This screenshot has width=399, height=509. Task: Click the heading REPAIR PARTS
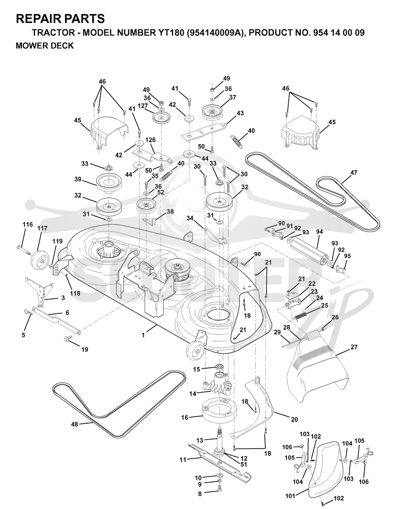click(x=60, y=18)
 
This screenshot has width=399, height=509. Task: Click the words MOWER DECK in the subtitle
click(x=45, y=46)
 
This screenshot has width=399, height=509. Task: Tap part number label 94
click(x=320, y=232)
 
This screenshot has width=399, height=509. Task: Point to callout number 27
click(x=354, y=347)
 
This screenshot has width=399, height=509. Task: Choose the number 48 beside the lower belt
click(x=75, y=424)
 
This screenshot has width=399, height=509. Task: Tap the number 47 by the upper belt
click(x=354, y=172)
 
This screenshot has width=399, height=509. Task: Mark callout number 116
click(x=27, y=225)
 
